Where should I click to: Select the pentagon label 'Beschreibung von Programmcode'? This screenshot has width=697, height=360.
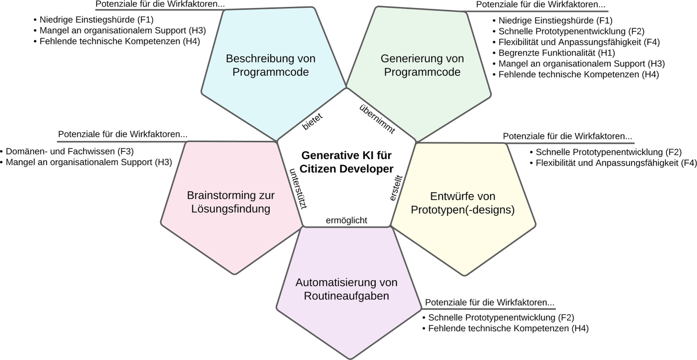[x=271, y=65]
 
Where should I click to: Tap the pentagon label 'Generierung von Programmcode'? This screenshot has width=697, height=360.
[x=422, y=65]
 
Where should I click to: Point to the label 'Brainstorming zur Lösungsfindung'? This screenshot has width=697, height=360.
[x=231, y=202]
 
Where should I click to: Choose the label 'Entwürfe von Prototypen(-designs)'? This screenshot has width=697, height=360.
[x=463, y=203]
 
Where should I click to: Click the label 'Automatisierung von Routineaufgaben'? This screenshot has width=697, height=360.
[x=347, y=290]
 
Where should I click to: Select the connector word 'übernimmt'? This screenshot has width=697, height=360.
[x=377, y=120]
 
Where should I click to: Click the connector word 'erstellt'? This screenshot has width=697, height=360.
[x=395, y=188]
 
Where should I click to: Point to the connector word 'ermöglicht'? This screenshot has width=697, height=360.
[x=347, y=221]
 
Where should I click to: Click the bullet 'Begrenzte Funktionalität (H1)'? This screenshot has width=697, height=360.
[x=551, y=53]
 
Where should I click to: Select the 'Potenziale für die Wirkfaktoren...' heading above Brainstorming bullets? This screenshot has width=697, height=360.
[x=123, y=134]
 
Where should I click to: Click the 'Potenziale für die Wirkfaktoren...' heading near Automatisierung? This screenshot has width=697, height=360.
[x=490, y=302]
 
